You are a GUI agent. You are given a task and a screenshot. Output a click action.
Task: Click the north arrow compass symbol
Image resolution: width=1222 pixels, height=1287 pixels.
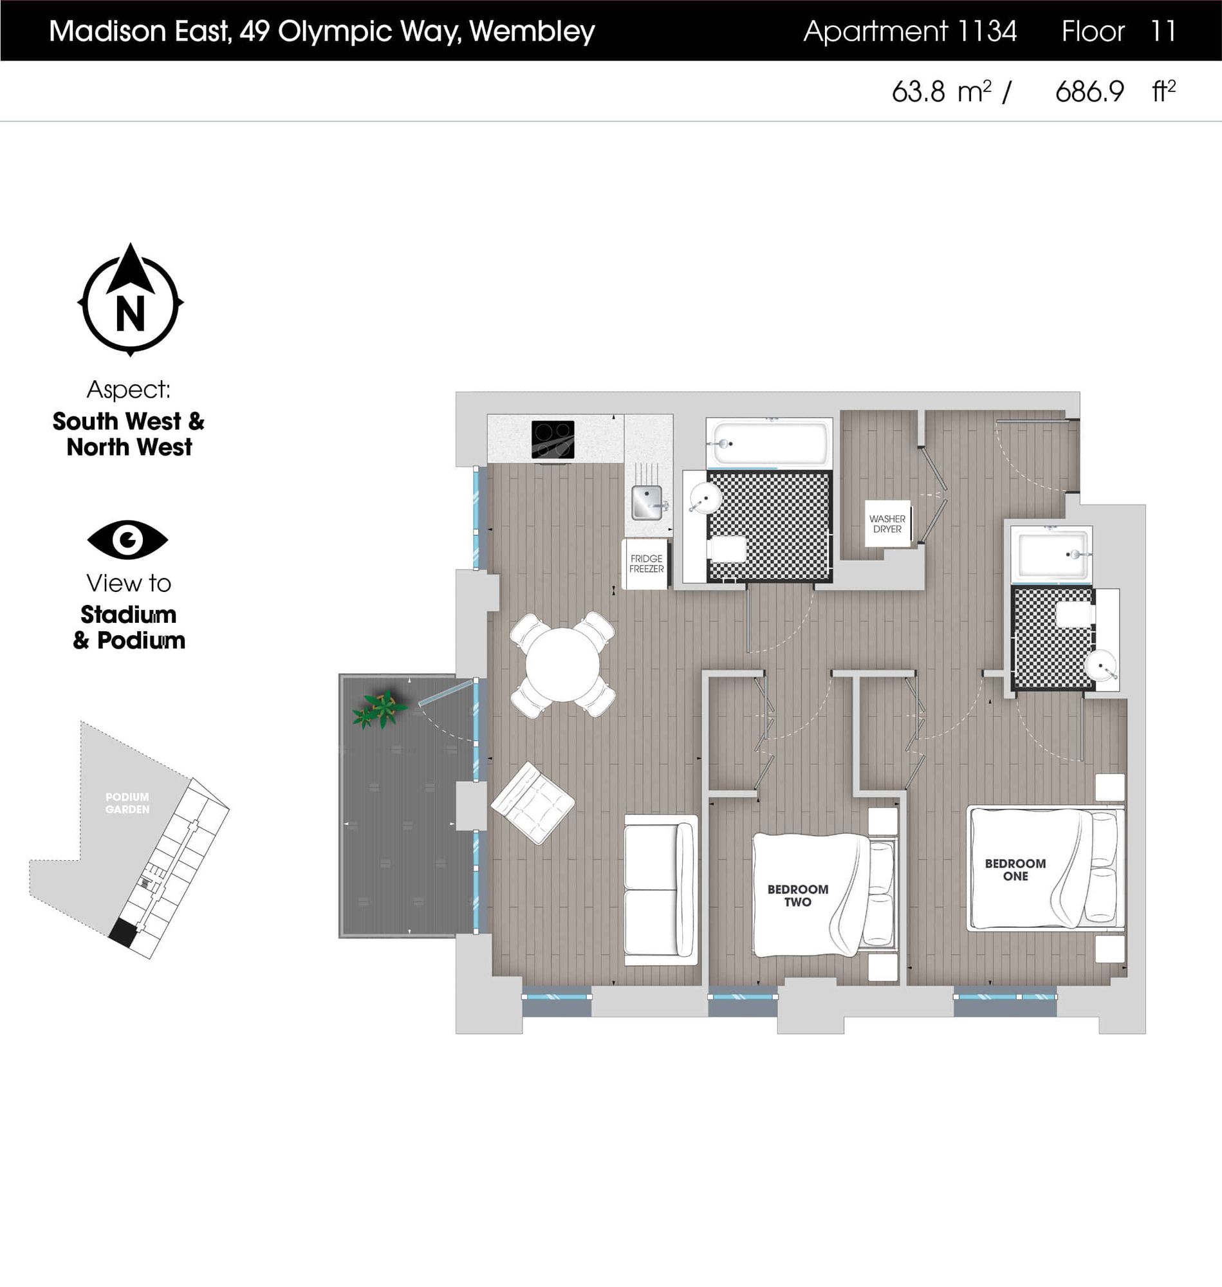(x=130, y=301)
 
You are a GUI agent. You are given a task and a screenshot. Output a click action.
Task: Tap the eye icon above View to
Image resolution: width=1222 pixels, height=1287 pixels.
(x=127, y=539)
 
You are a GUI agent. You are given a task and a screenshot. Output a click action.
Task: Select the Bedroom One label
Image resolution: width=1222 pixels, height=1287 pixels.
(x=1015, y=869)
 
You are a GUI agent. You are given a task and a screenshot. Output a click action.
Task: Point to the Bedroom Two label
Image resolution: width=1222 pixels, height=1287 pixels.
(x=797, y=896)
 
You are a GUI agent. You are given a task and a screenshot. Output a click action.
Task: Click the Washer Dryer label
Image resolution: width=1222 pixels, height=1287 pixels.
(x=887, y=524)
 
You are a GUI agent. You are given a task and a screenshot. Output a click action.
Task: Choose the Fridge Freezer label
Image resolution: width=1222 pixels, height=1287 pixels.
(x=646, y=564)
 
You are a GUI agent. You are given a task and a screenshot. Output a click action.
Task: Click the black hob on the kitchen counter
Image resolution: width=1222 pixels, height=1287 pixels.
(x=553, y=439)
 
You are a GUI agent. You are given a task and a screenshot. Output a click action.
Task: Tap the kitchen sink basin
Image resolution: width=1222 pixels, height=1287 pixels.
(x=647, y=503)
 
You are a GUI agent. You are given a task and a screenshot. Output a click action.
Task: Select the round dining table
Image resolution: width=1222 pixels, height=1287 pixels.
(x=563, y=664)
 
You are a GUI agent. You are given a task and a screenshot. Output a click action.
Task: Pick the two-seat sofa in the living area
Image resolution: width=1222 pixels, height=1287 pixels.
(x=660, y=890)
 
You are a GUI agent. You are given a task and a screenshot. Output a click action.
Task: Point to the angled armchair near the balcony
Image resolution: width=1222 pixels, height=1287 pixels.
(x=533, y=803)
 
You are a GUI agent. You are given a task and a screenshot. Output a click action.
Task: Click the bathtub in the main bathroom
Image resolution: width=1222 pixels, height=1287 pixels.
(x=769, y=443)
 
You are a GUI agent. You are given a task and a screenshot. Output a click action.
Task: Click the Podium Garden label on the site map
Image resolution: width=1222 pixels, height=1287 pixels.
(x=127, y=803)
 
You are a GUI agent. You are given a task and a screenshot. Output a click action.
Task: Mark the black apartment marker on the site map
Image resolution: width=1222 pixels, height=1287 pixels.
(x=122, y=932)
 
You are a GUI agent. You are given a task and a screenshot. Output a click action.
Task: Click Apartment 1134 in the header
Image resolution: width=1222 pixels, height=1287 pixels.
(x=910, y=32)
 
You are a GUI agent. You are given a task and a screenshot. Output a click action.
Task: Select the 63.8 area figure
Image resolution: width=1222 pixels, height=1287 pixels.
(x=918, y=92)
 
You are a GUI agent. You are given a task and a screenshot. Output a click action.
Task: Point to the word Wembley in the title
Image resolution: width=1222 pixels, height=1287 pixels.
(x=532, y=32)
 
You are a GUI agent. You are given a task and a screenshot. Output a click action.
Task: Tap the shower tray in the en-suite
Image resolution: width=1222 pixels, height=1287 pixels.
(x=1051, y=554)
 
